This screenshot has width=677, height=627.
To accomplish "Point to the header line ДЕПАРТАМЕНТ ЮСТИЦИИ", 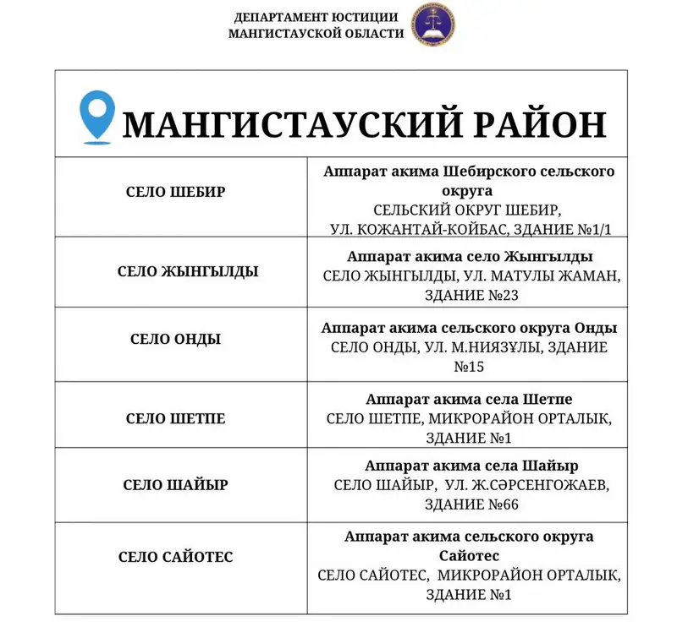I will (x=316, y=18).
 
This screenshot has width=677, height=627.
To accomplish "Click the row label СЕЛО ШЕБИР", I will (x=176, y=192).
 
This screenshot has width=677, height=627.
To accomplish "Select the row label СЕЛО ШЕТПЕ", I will (x=176, y=418).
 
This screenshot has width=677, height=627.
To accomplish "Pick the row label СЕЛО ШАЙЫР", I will (x=176, y=485).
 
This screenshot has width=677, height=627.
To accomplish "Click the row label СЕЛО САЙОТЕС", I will (x=176, y=557).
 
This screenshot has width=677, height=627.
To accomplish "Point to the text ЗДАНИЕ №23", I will (x=471, y=295).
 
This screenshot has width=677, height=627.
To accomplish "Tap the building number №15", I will (x=471, y=368).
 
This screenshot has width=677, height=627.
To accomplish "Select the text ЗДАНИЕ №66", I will (x=471, y=504).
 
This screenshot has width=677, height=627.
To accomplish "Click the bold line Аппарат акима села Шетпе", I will (x=471, y=398).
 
